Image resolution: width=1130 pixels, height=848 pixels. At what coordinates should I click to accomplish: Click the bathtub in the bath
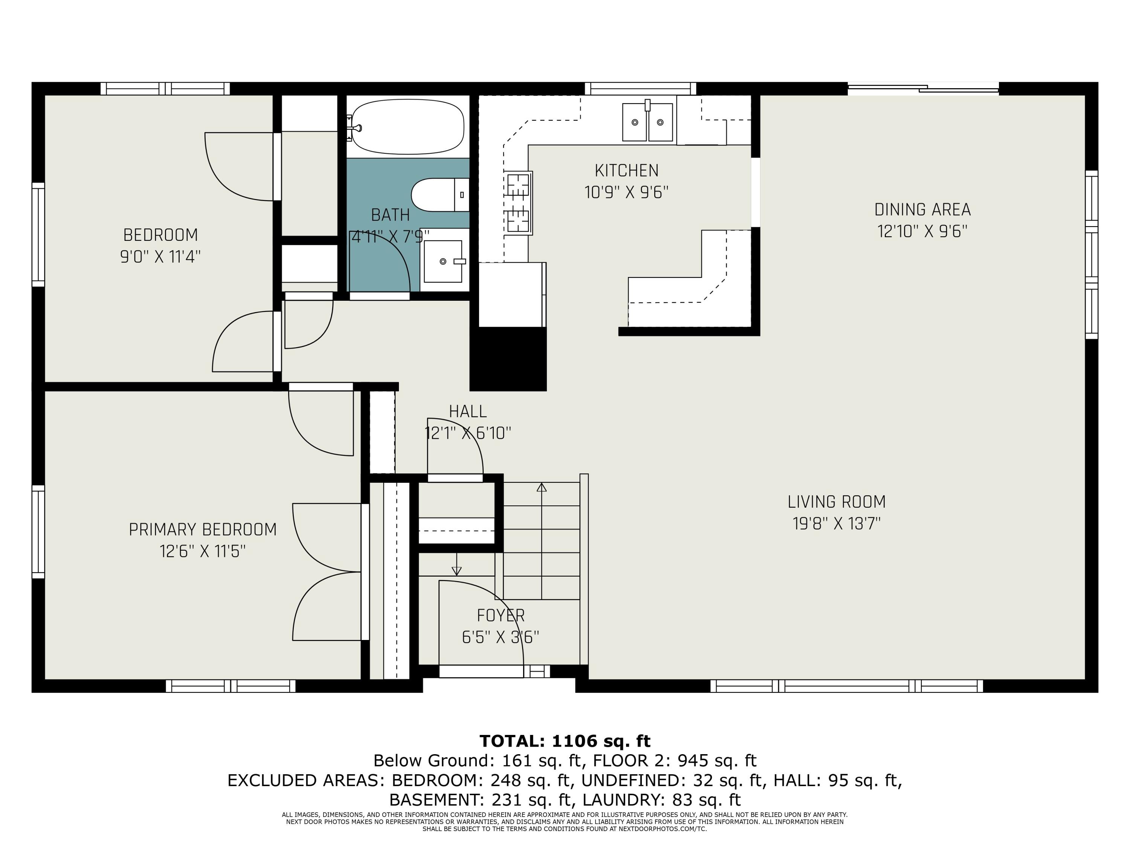pyautogui.click(x=407, y=126)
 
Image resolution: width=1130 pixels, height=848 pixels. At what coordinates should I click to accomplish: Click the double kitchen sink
pyautogui.click(x=647, y=122)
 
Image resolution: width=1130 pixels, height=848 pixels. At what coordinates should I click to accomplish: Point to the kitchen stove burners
pyautogui.click(x=519, y=203)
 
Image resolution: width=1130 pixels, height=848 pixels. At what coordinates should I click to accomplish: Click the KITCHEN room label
pyautogui.click(x=626, y=170)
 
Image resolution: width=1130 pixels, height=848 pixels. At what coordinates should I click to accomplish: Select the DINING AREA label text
pyautogui.click(x=922, y=210)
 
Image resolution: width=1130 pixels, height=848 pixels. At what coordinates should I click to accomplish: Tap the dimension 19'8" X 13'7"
pyautogui.click(x=837, y=524)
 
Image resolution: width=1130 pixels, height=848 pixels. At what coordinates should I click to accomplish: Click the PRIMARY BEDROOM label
pyautogui.click(x=203, y=530)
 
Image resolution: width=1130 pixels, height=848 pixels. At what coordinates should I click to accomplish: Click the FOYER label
pyautogui.click(x=501, y=615)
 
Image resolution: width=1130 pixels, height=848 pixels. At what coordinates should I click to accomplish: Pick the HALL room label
pyautogui.click(x=467, y=412)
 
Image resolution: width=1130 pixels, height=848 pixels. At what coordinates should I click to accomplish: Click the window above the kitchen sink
pyautogui.click(x=640, y=89)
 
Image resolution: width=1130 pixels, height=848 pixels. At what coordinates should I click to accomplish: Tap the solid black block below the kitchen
pyautogui.click(x=508, y=359)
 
